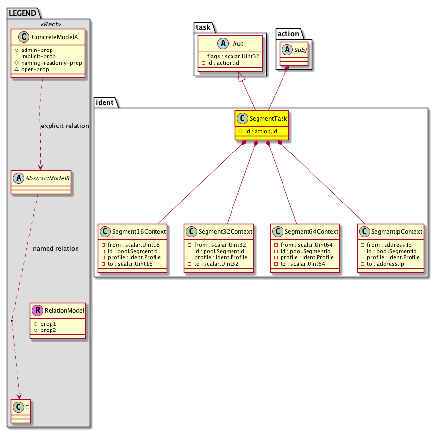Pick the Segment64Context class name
click(309, 231)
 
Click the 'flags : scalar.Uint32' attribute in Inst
click(231, 56)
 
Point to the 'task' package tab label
click(203, 28)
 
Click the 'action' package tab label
click(288, 33)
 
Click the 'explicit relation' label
click(65, 126)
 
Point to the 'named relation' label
click(56, 249)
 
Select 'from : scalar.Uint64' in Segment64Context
click(302, 244)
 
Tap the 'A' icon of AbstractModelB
click(18, 179)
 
